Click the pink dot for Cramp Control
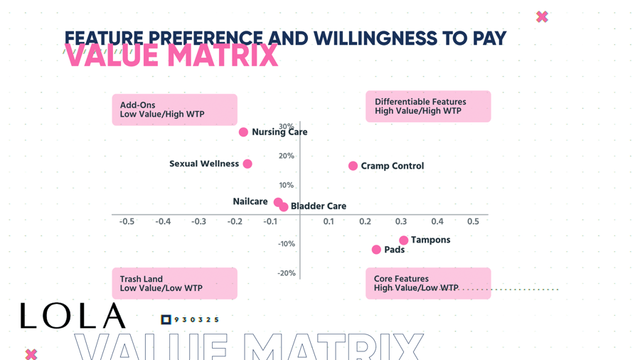point(353,166)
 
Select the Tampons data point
point(403,240)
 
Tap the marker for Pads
point(376,250)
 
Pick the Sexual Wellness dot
point(247,164)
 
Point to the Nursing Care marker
point(243,132)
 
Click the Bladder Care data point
point(284,207)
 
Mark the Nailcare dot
point(278,202)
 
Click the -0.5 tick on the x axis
point(127,222)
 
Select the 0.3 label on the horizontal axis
point(402,222)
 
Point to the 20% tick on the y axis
point(286,156)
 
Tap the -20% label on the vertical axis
point(286,273)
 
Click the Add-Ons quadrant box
point(174,110)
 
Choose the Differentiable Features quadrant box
point(428,107)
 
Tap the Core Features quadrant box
point(428,283)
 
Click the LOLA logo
point(73,316)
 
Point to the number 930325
point(196,320)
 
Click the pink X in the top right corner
point(542,16)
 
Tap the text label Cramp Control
point(392,166)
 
